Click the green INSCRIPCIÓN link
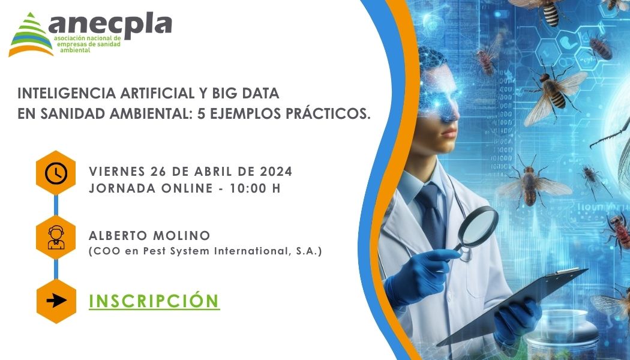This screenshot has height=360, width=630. [x=154, y=301]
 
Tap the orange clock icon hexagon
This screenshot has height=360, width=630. [x=56, y=173]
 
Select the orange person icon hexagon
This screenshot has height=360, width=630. [x=56, y=237]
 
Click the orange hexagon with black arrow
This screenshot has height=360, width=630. [x=56, y=301]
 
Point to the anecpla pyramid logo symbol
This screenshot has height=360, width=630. [x=31, y=35]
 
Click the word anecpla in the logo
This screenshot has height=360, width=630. [x=110, y=25]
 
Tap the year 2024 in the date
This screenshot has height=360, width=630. [x=276, y=171]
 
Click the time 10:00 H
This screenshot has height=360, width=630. [x=255, y=188]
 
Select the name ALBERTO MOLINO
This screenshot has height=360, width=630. [x=149, y=235]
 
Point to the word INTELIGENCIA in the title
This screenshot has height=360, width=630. [x=66, y=93]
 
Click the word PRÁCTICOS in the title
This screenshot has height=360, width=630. [x=326, y=114]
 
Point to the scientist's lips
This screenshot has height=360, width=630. [x=449, y=133]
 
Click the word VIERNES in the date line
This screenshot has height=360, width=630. [x=117, y=171]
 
